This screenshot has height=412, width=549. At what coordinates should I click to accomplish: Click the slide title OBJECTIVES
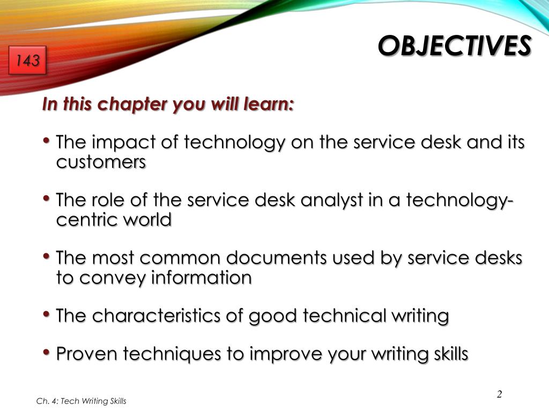(x=455, y=46)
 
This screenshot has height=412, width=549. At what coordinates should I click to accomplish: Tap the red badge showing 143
(x=27, y=61)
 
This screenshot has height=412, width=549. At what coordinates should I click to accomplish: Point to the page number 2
(x=499, y=394)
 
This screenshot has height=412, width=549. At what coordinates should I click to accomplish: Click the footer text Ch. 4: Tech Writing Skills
(x=81, y=401)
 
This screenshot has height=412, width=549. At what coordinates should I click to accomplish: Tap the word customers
(x=101, y=162)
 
